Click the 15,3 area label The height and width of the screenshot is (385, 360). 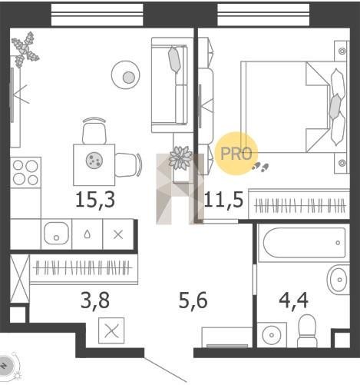[95, 200]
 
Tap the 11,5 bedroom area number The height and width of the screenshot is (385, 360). [224, 200]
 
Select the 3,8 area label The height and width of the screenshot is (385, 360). [95, 300]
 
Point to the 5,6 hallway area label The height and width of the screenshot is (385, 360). [193, 300]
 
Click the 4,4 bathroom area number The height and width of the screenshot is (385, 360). [293, 300]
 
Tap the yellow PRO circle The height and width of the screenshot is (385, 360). [236, 153]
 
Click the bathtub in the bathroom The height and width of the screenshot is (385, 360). [304, 243]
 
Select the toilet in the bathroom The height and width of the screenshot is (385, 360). [307, 331]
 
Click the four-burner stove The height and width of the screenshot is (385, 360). [25, 172]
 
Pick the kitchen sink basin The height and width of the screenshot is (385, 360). [56, 234]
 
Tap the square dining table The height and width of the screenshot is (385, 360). [94, 164]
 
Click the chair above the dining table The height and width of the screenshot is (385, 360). [94, 131]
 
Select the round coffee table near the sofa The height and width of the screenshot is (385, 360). [126, 75]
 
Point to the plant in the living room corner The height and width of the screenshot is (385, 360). [25, 49]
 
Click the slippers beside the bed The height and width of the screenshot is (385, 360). [260, 167]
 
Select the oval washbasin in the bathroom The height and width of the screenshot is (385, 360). [339, 280]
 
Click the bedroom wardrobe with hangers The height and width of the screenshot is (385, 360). [299, 204]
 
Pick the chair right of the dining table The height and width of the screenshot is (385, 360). [128, 164]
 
